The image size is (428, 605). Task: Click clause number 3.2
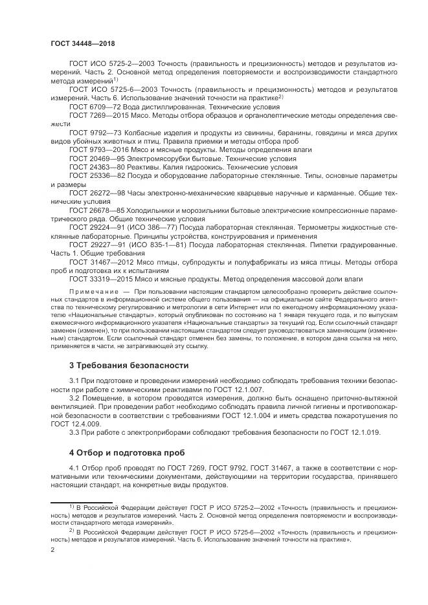pos(75,399)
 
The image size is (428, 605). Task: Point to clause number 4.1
pos(75,467)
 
